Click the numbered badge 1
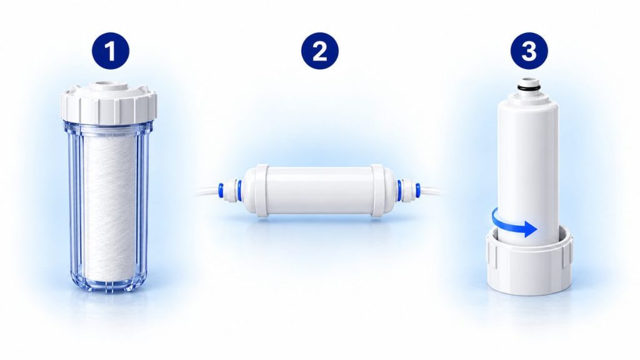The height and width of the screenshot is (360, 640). point(110,51)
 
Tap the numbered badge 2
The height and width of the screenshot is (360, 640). point(319,51)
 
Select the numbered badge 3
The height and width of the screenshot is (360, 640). point(529,51)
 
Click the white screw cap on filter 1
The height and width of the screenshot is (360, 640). point(109,102)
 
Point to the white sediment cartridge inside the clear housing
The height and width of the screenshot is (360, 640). point(109,206)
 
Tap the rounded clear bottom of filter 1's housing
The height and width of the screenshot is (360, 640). point(109,282)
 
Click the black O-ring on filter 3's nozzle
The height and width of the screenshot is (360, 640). point(529,87)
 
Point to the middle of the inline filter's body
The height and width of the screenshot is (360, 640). point(319,190)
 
